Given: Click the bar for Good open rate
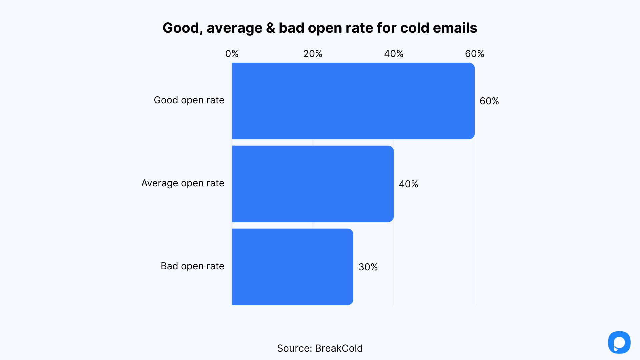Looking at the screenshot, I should [x=353, y=101].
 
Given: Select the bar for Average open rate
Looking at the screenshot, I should [x=313, y=184].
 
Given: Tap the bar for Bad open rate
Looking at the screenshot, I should [x=292, y=267].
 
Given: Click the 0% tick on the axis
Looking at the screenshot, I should [x=232, y=54].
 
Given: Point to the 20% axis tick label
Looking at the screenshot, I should [x=313, y=54].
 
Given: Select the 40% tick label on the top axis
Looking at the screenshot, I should [x=394, y=54].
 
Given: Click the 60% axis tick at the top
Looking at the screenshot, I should [x=474, y=54].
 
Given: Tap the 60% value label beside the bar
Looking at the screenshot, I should [x=489, y=101].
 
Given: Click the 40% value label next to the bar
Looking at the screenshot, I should [x=408, y=184].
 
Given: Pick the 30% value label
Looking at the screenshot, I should [x=368, y=267].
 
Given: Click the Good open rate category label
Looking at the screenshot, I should [x=189, y=100].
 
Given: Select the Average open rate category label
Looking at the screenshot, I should [x=183, y=183].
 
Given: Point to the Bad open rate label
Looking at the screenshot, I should [x=192, y=266].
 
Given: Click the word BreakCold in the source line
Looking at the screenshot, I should [x=339, y=348].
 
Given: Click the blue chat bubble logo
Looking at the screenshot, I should [x=619, y=342].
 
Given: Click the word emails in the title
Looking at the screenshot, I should [x=455, y=28].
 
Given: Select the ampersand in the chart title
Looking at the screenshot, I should [x=271, y=28].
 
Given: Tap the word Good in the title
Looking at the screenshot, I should [x=181, y=28].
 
